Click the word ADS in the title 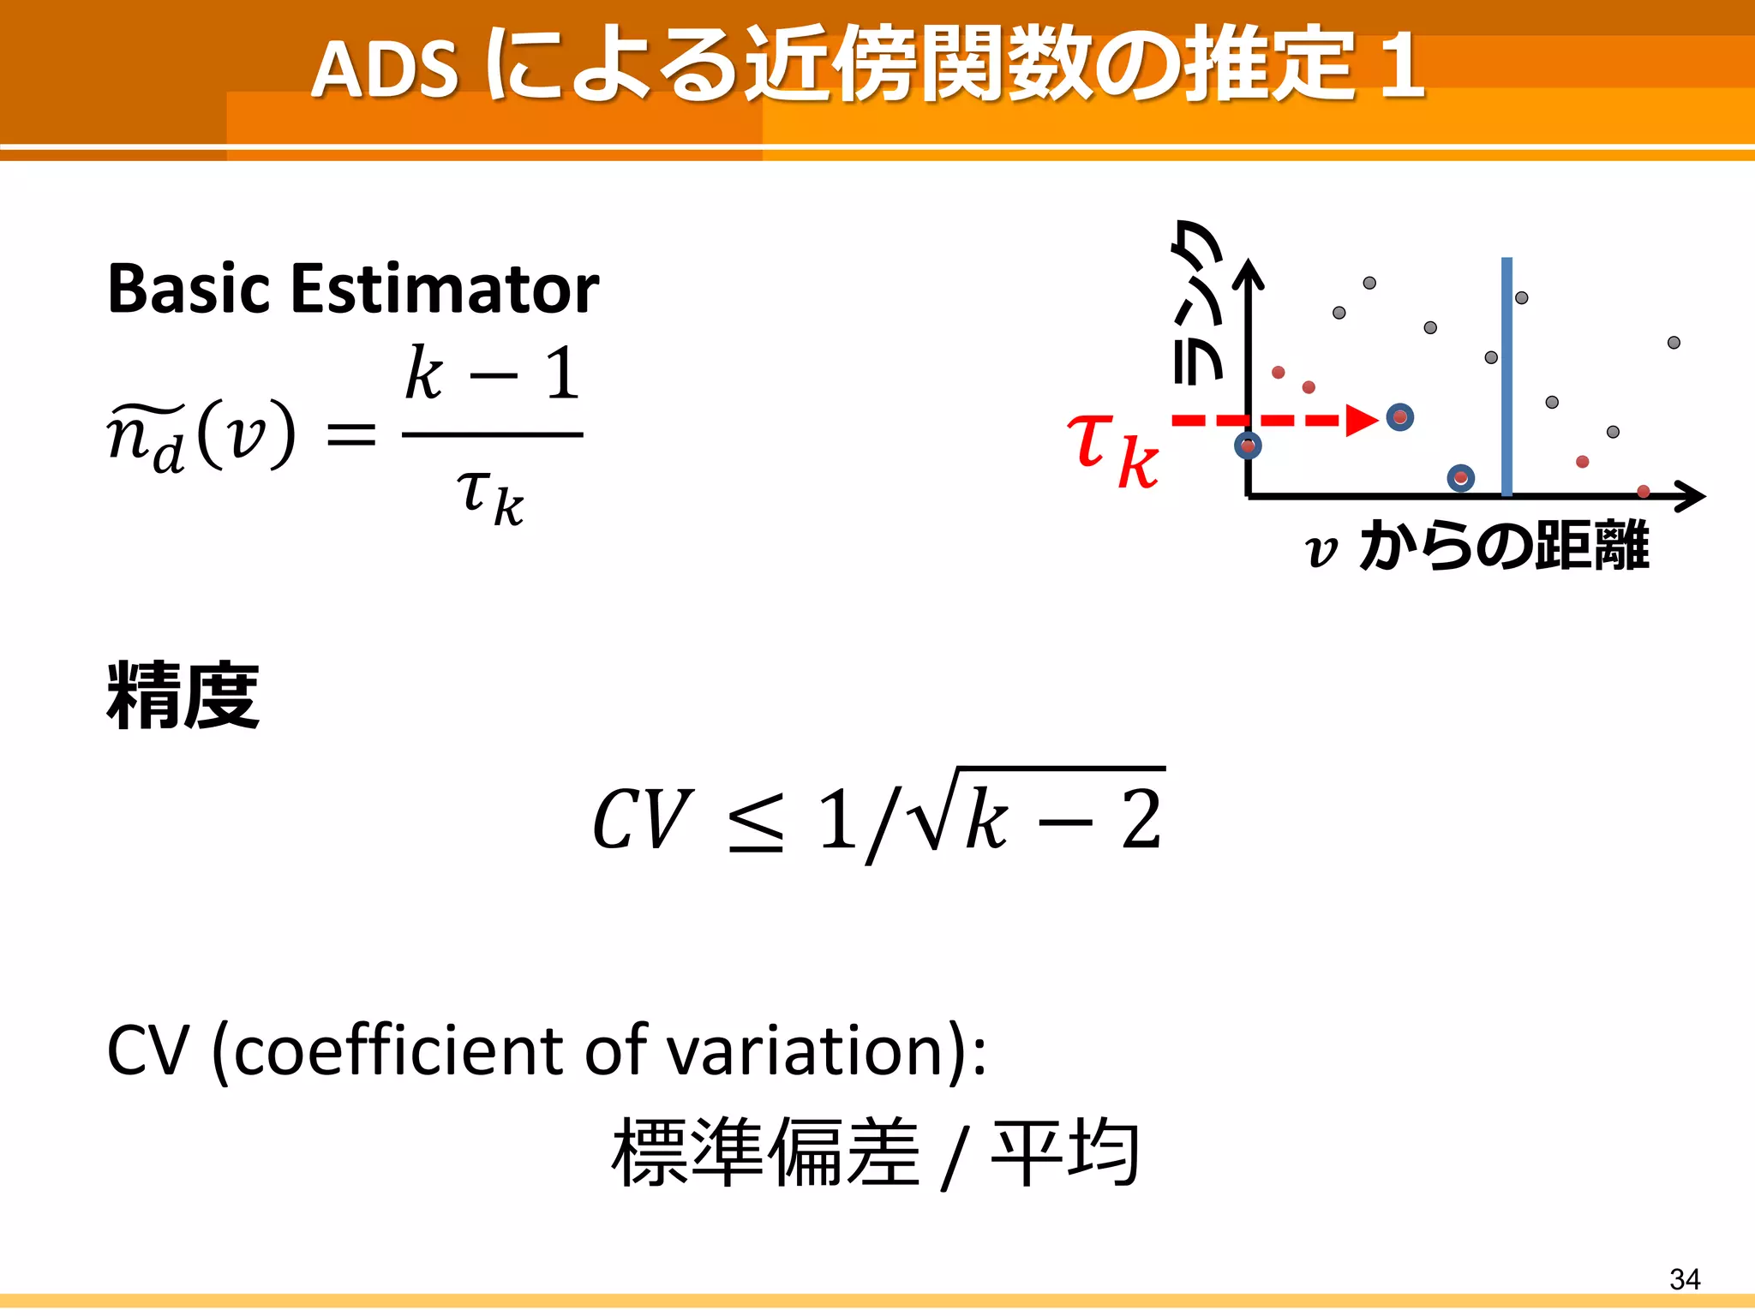click(x=385, y=69)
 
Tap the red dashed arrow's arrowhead click(x=1361, y=420)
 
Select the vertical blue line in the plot click(x=1506, y=377)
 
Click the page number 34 click(x=1684, y=1279)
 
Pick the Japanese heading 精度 click(x=183, y=696)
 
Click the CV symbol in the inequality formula click(x=642, y=821)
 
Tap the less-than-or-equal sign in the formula click(x=755, y=822)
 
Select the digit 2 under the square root click(x=1141, y=820)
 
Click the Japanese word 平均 click(x=1065, y=1152)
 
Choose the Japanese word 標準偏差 click(x=765, y=1152)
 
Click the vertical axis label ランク click(x=1196, y=300)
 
